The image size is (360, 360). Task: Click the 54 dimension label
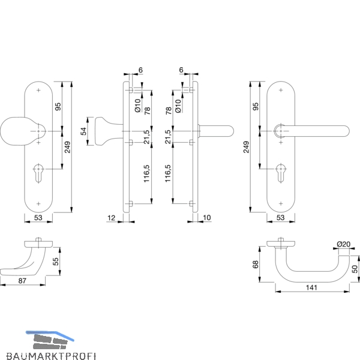(x=84, y=131)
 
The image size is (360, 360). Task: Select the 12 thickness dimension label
(x=111, y=218)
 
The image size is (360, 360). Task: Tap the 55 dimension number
(x=56, y=262)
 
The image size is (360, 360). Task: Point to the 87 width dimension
(x=22, y=281)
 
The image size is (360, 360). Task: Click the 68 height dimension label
(x=256, y=264)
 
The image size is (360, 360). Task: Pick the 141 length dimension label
(x=311, y=287)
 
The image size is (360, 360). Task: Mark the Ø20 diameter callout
(x=343, y=244)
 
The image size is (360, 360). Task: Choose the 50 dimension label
(x=355, y=269)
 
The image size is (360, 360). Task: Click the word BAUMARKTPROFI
(x=51, y=356)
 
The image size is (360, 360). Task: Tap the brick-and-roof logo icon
(x=50, y=340)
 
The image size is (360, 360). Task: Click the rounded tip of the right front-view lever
(x=347, y=131)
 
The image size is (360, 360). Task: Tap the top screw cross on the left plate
(x=38, y=90)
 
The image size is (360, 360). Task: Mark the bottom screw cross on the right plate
(x=281, y=203)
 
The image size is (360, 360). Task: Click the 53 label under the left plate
(x=38, y=217)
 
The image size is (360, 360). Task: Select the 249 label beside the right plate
(x=246, y=147)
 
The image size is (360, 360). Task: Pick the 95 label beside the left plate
(x=58, y=107)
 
